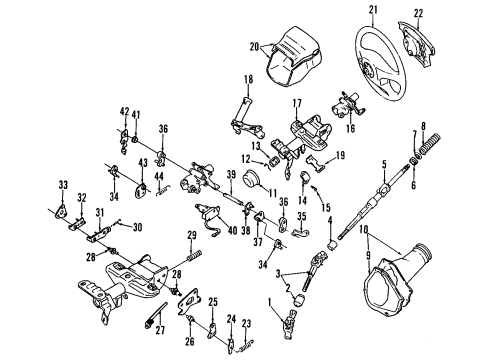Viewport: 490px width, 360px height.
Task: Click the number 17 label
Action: pos(296,103)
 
